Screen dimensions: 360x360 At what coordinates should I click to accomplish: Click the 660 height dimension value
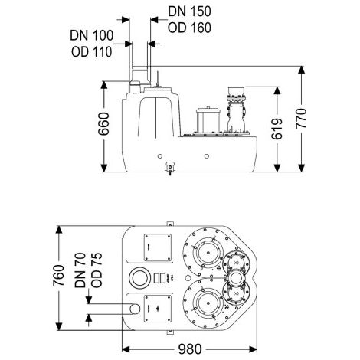pos(104,124)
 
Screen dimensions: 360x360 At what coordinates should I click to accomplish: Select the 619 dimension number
pos(277,129)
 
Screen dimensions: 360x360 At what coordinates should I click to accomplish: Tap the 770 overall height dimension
pos(301,119)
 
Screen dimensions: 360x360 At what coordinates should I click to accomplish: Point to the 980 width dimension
pos(190,349)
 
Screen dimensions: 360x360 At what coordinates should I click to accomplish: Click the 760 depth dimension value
pos(59,276)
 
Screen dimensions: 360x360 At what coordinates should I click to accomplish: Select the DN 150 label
pos(189,11)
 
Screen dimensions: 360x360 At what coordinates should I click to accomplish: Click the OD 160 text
pos(189,28)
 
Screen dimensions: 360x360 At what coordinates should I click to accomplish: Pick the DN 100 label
pos(92,35)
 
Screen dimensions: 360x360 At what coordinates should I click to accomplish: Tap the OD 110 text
pos(92,52)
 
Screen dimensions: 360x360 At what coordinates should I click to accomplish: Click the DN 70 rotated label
pos(80,270)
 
